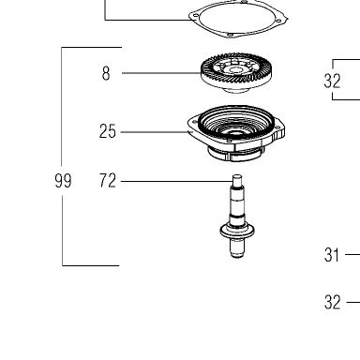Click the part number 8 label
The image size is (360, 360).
pyautogui.click(x=106, y=74)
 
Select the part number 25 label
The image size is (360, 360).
pyautogui.click(x=108, y=131)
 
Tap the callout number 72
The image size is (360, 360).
pyautogui.click(x=108, y=181)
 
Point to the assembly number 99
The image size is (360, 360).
pyautogui.click(x=63, y=181)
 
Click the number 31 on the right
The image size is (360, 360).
pyautogui.click(x=332, y=255)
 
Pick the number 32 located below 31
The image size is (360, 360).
pyautogui.click(x=333, y=302)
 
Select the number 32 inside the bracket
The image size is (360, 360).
pyautogui.click(x=333, y=81)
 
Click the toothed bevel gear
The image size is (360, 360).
pyautogui.click(x=237, y=73)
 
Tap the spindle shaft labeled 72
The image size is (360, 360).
pyautogui.click(x=237, y=217)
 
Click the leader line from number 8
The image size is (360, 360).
pyautogui.click(x=161, y=73)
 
